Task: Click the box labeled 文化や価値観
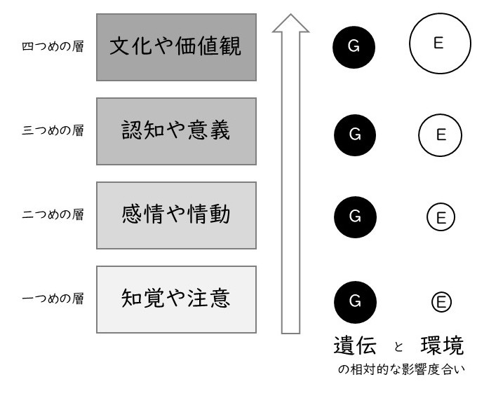(176, 47)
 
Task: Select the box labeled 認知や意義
(176, 131)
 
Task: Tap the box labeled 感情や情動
(176, 216)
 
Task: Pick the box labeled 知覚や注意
(176, 300)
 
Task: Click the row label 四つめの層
(53, 46)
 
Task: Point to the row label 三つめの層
(53, 130)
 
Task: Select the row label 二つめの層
(53, 214)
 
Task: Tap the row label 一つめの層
(53, 298)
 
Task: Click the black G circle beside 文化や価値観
(354, 47)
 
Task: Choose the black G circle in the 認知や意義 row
(355, 135)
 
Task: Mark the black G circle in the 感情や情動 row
(355, 217)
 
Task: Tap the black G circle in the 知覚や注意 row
(355, 302)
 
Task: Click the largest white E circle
(440, 14)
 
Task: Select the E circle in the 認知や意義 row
(441, 115)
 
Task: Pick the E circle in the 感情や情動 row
(441, 203)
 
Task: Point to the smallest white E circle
(441, 292)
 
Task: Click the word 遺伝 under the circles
(355, 345)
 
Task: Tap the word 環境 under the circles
(442, 345)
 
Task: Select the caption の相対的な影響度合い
(401, 369)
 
